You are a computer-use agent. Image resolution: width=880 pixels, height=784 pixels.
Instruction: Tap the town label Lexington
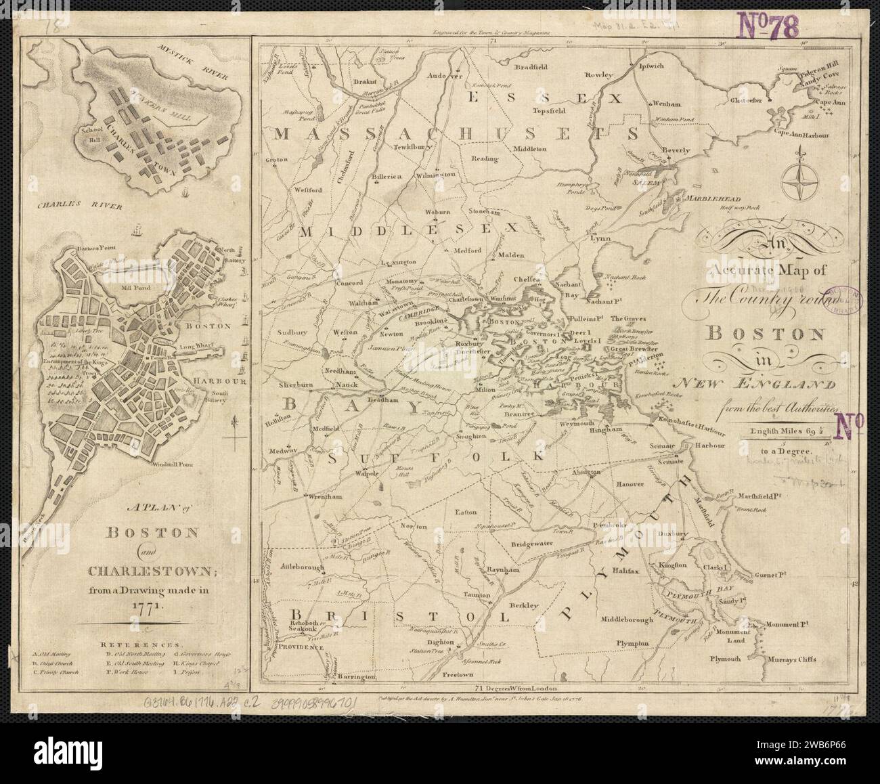click(399, 261)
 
